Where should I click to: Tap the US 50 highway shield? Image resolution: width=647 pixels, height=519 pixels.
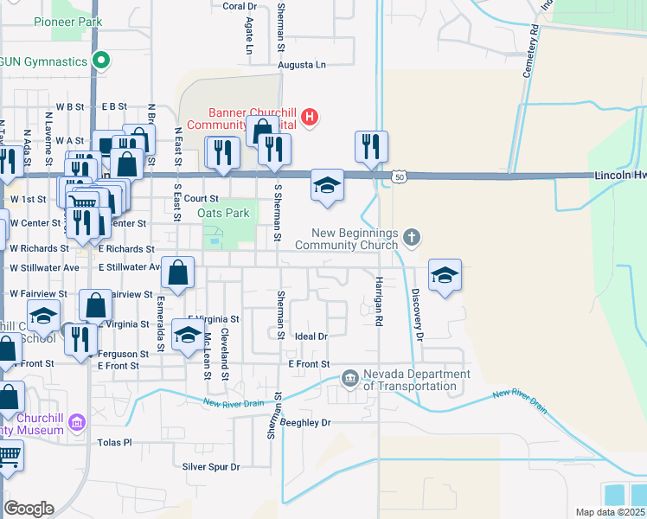tap(398, 177)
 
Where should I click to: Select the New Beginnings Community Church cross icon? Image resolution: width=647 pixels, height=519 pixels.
tap(413, 236)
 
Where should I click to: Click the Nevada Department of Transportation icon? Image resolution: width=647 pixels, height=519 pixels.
tap(350, 377)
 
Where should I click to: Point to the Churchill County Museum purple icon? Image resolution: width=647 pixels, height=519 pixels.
tap(78, 422)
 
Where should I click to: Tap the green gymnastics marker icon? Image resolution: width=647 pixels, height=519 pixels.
tap(101, 61)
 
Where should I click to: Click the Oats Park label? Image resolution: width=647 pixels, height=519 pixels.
tap(223, 213)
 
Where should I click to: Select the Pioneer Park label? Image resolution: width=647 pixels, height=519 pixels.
tap(67, 22)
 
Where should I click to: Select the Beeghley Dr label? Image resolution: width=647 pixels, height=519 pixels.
tap(304, 423)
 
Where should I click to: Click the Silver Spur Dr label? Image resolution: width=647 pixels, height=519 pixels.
tap(210, 466)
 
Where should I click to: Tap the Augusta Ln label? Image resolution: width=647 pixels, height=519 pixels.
tap(302, 65)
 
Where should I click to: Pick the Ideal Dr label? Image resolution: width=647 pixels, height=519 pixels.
tap(311, 336)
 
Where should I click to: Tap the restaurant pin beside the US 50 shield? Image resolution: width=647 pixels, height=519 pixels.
tap(371, 148)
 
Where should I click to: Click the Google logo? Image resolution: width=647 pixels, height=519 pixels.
tap(29, 509)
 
